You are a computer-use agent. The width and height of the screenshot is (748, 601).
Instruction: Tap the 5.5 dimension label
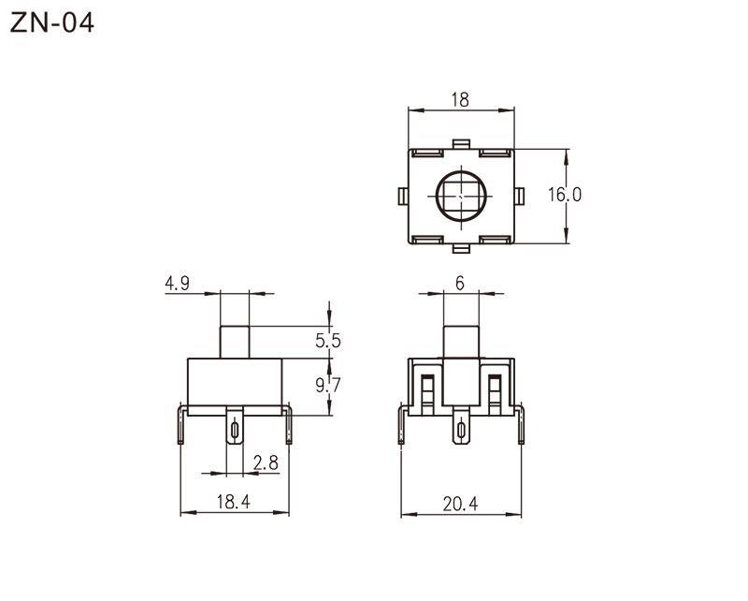coord(326,344)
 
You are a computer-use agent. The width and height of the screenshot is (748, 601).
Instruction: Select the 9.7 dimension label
coord(326,385)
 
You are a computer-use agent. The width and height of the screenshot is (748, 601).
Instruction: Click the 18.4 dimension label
coord(235,503)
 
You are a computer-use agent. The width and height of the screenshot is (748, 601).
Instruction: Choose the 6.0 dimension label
coord(568,195)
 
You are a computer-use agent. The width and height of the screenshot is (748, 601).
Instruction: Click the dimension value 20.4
coord(460,505)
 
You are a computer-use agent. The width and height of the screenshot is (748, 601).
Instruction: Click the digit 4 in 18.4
coord(245,503)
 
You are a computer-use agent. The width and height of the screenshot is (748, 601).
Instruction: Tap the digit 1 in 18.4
coord(222,503)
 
